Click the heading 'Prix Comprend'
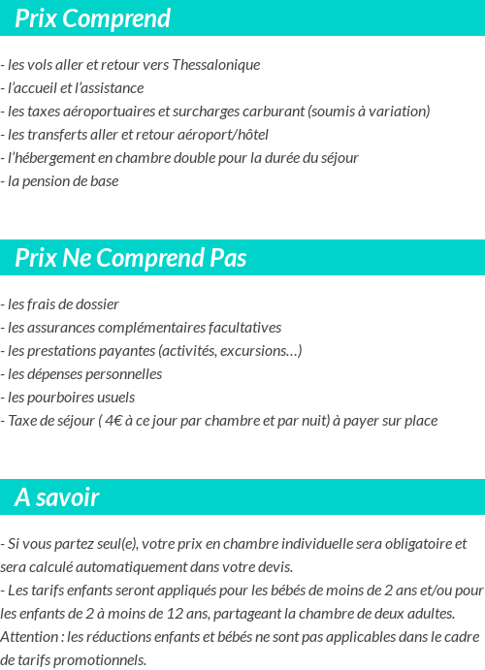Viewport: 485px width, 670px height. (93, 18)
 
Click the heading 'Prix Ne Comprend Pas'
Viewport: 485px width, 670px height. (131, 258)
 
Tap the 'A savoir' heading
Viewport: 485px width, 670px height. (57, 497)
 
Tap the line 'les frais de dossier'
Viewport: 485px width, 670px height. (62, 304)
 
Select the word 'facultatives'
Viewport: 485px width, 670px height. (241, 328)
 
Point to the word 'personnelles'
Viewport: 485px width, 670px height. (123, 374)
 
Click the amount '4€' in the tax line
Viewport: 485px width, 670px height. (114, 421)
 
